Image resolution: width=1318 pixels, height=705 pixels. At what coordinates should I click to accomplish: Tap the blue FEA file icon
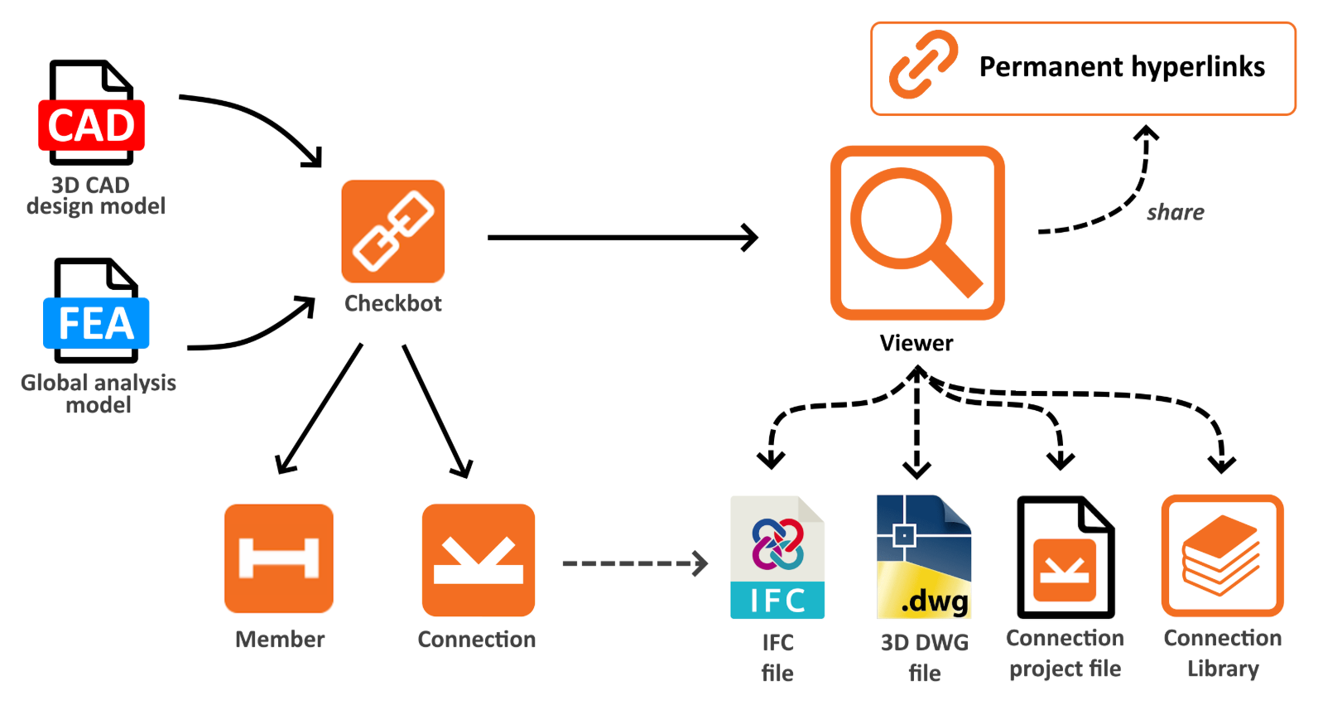(x=96, y=312)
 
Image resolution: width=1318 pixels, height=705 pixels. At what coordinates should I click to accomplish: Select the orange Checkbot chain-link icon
(x=392, y=231)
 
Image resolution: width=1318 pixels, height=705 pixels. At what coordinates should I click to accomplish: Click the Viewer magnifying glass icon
(x=916, y=233)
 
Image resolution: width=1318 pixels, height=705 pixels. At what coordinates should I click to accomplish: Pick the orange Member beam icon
(x=279, y=558)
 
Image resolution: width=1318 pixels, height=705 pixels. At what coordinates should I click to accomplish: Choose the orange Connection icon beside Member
(x=478, y=560)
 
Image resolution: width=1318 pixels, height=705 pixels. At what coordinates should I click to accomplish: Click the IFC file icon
(x=777, y=558)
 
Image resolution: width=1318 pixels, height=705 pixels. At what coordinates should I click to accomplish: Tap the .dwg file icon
(x=923, y=558)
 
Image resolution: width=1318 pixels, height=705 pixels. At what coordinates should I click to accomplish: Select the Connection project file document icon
(x=1065, y=558)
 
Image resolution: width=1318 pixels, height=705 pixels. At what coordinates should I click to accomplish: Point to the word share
(x=1175, y=213)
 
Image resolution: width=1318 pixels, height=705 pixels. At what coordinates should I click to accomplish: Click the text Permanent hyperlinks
(x=1121, y=67)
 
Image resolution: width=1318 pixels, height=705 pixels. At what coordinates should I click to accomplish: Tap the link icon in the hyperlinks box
(x=922, y=65)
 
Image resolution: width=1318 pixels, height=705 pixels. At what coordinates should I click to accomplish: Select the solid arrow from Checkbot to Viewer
(x=621, y=238)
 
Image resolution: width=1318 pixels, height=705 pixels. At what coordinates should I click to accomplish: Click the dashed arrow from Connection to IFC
(x=633, y=563)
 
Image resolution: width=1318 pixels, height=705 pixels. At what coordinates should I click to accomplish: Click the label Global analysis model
(x=99, y=394)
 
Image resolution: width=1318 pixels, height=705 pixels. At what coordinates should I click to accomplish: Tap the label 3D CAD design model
(x=95, y=196)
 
